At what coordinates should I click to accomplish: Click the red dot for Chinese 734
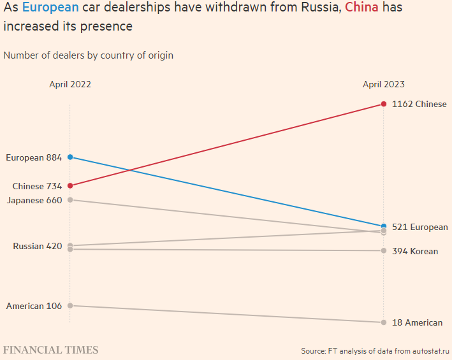pos(70,185)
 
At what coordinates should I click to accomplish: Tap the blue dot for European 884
pos(70,157)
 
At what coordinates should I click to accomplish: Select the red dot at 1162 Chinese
pos(384,104)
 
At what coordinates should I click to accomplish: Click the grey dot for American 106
pos(70,305)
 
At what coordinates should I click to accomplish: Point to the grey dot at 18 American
pos(384,322)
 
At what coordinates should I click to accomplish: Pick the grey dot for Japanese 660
pos(70,200)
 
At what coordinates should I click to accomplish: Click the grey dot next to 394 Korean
pos(384,250)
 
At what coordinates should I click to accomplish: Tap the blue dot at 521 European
pos(384,226)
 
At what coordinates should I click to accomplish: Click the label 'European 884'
pos(34,157)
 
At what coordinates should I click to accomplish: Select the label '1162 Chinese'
pos(419,104)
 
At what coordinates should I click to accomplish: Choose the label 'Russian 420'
pos(38,246)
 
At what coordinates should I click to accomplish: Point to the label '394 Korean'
pos(415,251)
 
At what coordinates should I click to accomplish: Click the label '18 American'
pos(417,322)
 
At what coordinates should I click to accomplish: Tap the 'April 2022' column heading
pos(70,84)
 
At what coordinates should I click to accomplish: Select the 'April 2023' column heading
pos(384,84)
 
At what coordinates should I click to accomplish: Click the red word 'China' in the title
pos(362,8)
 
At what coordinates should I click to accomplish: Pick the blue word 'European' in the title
pos(50,8)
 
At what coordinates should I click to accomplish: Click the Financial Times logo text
pos(51,350)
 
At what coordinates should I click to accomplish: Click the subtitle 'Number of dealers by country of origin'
pos(88,55)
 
